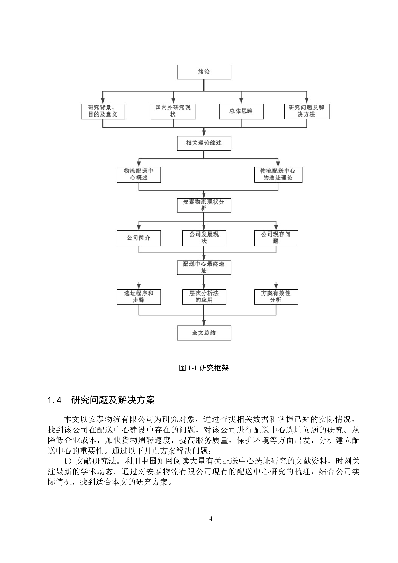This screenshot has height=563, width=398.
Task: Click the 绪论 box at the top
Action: click(204, 72)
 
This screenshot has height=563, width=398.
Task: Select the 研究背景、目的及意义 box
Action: click(103, 111)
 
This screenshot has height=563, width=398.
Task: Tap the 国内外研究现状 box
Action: click(173, 111)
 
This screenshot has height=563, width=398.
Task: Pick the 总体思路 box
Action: click(241, 111)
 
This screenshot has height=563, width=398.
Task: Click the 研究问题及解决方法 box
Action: click(307, 111)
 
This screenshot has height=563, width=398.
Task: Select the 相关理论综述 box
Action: click(204, 143)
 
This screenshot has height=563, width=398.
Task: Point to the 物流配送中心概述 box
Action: click(139, 175)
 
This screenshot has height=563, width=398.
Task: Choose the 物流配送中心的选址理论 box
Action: click(278, 175)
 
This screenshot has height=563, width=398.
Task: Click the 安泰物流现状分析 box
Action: click(204, 205)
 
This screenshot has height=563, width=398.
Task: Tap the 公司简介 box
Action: click(139, 238)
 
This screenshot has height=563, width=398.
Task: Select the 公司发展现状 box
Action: click(204, 238)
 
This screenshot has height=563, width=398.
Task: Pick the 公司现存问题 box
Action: click(276, 238)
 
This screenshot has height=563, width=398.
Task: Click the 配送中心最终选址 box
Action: click(204, 267)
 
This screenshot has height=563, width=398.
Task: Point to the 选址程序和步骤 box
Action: click(139, 297)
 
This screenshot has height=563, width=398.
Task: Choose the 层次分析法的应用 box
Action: click(204, 297)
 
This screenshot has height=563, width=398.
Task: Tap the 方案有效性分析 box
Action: click(276, 297)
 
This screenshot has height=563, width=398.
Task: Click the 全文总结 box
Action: click(204, 333)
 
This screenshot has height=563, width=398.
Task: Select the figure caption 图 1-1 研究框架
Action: click(204, 368)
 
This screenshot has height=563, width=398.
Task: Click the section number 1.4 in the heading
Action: click(54, 400)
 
